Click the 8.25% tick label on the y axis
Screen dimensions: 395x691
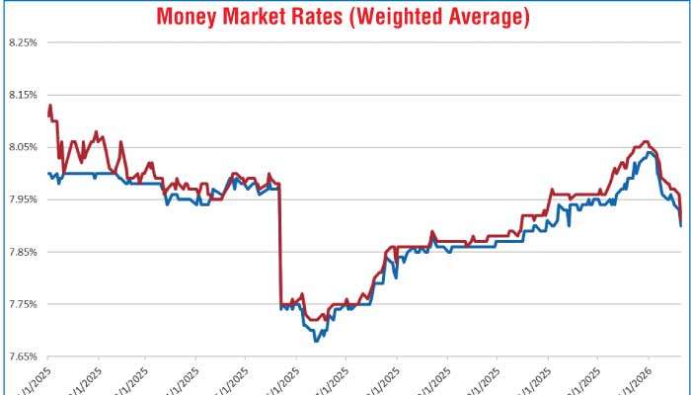click(22, 42)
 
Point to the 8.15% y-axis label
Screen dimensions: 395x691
click(22, 95)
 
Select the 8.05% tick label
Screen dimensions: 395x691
click(22, 147)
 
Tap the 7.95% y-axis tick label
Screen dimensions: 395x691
click(22, 199)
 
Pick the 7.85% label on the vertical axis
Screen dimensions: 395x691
click(22, 252)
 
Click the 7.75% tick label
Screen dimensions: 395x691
click(22, 304)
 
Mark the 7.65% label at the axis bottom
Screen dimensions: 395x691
click(22, 356)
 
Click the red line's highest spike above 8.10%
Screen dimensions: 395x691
click(50, 105)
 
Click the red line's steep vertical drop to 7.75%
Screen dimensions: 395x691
click(281, 247)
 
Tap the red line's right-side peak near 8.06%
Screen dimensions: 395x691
click(646, 142)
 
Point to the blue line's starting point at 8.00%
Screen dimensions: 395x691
click(48, 174)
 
